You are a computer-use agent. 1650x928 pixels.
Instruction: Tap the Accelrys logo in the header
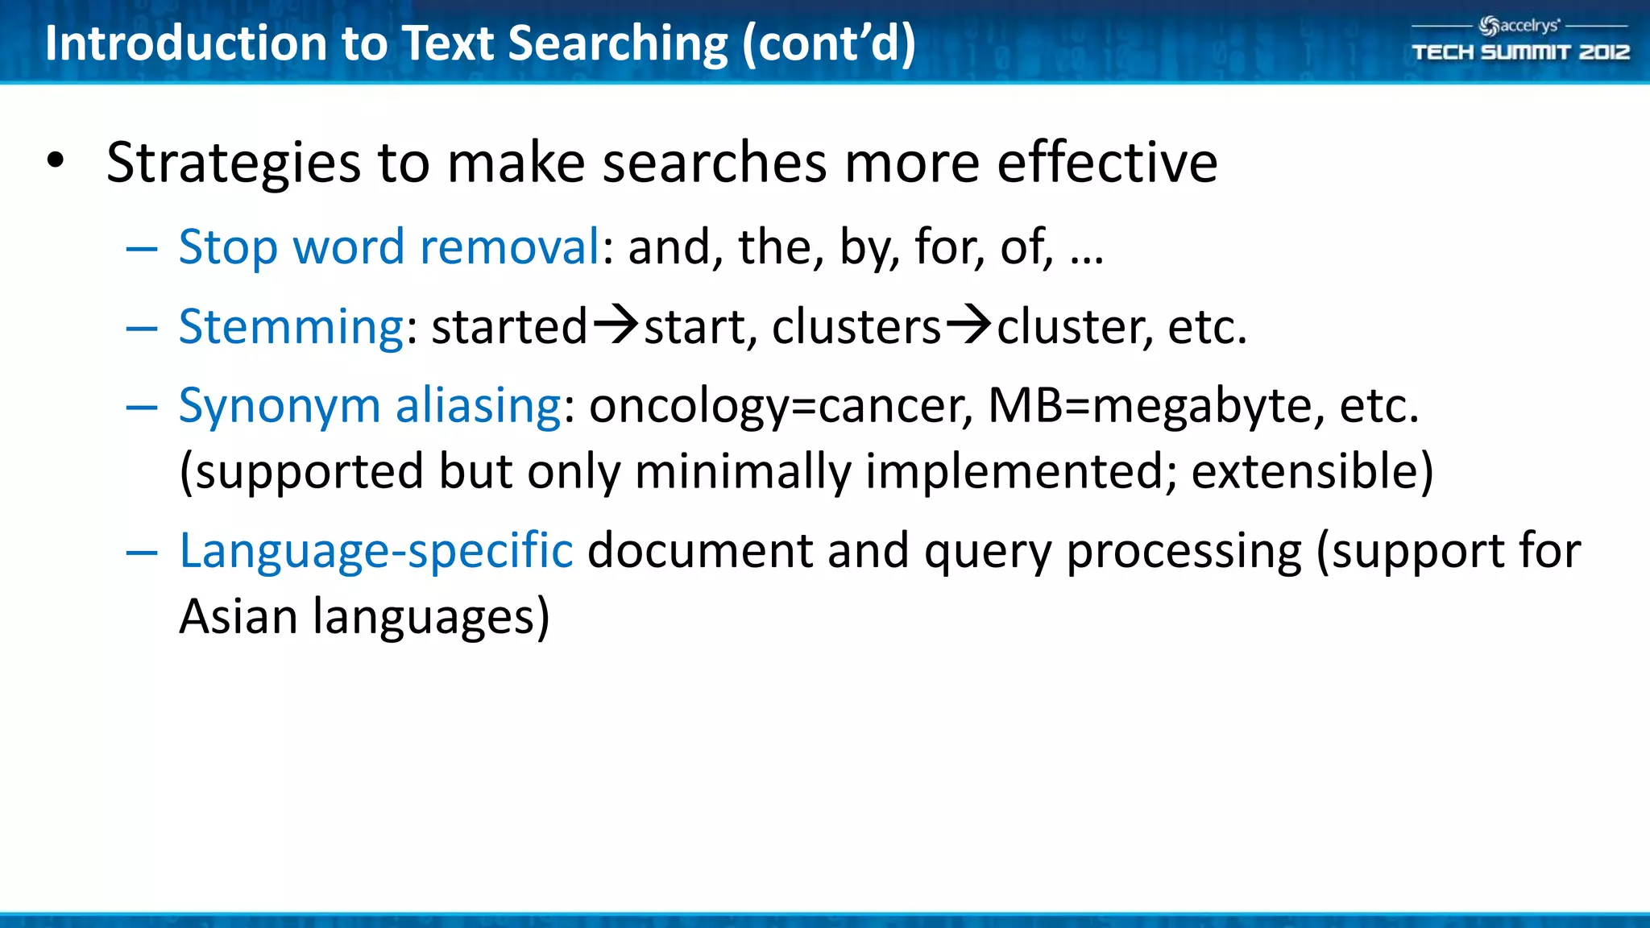pos(1519,26)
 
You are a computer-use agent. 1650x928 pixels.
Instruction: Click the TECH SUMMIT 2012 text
pos(1520,52)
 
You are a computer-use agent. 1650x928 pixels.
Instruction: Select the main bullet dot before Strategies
pos(55,160)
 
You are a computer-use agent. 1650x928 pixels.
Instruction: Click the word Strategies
pos(234,164)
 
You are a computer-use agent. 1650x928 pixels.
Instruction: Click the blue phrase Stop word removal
pos(389,246)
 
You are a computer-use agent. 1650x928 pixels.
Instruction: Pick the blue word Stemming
pos(291,328)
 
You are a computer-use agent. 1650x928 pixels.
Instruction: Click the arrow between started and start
pos(616,325)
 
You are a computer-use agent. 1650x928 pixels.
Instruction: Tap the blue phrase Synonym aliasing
pos(370,405)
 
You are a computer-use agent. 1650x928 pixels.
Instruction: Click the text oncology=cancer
pos(781,405)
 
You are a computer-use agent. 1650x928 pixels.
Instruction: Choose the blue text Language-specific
pos(375,551)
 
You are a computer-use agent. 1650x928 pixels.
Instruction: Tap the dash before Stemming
pos(142,329)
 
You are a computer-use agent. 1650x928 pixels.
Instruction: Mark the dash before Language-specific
pos(142,553)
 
